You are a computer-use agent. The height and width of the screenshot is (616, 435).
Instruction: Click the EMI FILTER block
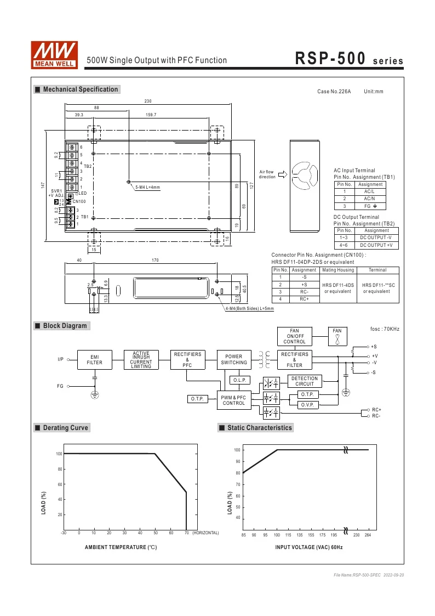pyautogui.click(x=94, y=359)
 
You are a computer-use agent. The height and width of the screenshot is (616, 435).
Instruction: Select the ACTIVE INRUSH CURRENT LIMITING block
pyautogui.click(x=141, y=359)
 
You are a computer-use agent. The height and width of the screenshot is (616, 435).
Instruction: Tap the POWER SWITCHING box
pyautogui.click(x=234, y=359)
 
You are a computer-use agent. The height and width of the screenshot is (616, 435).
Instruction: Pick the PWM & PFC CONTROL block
pyautogui.click(x=234, y=400)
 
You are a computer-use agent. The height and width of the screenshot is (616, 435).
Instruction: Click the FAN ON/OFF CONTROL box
pyautogui.click(x=294, y=336)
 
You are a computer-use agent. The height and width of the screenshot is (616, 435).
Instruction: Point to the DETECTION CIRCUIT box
pyautogui.click(x=305, y=381)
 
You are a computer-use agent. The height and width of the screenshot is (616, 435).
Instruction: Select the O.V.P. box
pyautogui.click(x=307, y=405)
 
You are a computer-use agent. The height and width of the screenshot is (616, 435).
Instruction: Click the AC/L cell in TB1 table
pyautogui.click(x=370, y=191)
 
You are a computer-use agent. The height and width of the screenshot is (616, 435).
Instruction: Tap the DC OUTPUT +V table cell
pyautogui.click(x=375, y=245)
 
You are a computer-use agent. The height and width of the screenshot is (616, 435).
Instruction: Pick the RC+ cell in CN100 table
pyautogui.click(x=304, y=299)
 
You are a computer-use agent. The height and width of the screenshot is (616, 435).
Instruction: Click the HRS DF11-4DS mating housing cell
pyautogui.click(x=338, y=288)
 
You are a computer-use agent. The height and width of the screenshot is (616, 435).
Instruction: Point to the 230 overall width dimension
pyautogui.click(x=148, y=101)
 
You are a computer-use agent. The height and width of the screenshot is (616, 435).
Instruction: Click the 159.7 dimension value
pyautogui.click(x=151, y=115)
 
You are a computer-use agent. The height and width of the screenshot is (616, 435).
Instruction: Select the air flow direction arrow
pyautogui.click(x=283, y=174)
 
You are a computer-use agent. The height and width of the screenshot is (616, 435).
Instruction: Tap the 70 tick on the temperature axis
pyautogui.click(x=187, y=533)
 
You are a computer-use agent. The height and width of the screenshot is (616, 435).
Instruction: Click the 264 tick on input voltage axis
pyautogui.click(x=368, y=535)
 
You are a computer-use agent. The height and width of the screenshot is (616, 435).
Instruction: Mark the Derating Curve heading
pyautogui.click(x=65, y=428)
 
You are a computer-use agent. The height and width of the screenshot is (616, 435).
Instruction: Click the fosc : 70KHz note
pyautogui.click(x=385, y=329)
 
